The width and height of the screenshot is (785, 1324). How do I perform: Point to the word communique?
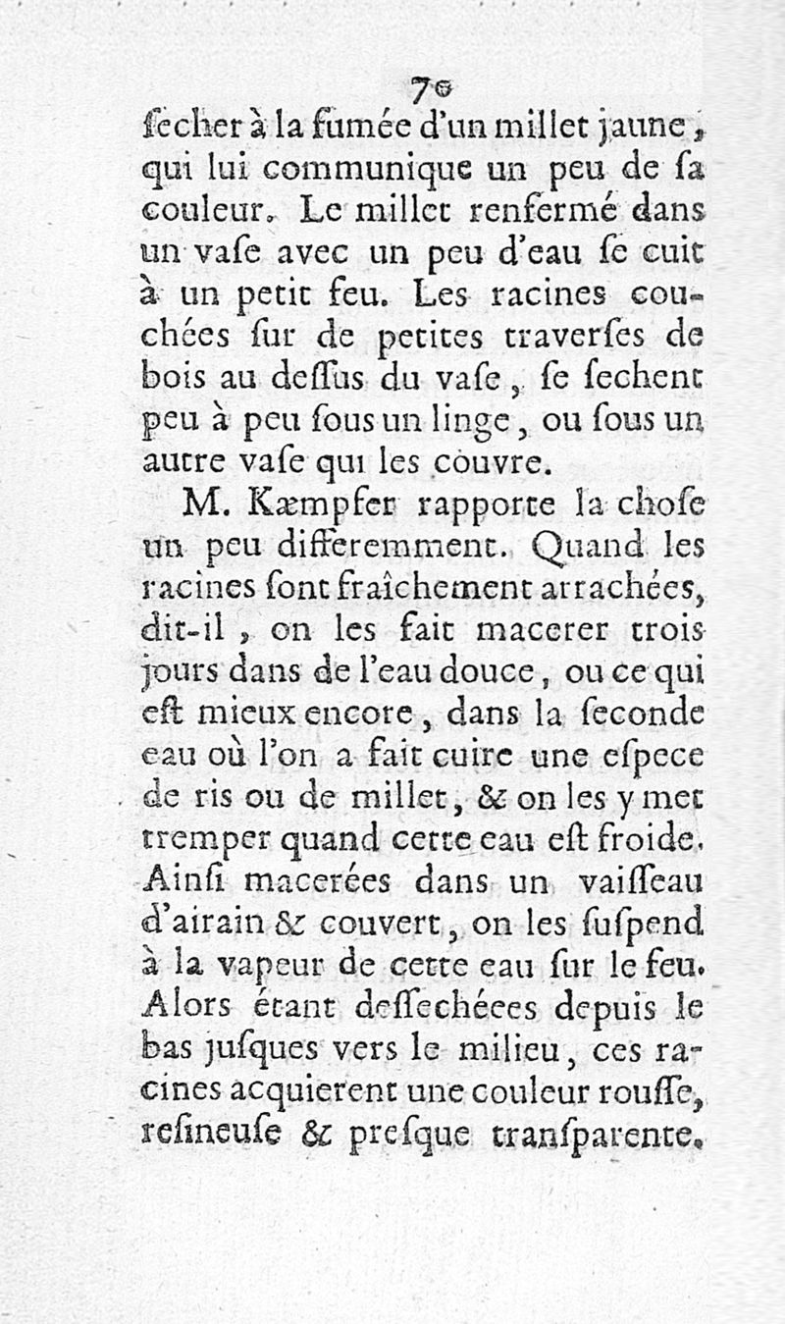point(344,168)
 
